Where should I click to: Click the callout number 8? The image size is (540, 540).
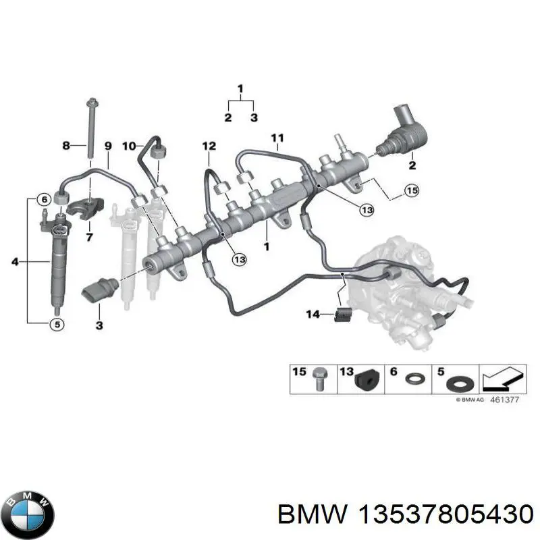[66, 145]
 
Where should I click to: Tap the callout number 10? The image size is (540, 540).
[128, 145]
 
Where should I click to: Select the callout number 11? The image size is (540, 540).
[277, 139]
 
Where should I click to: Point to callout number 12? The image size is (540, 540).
[209, 146]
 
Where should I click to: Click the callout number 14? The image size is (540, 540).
[313, 313]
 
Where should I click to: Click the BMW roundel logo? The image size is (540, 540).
[27, 511]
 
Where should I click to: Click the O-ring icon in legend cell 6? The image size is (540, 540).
[414, 382]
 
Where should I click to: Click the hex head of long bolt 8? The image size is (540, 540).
[90, 103]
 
